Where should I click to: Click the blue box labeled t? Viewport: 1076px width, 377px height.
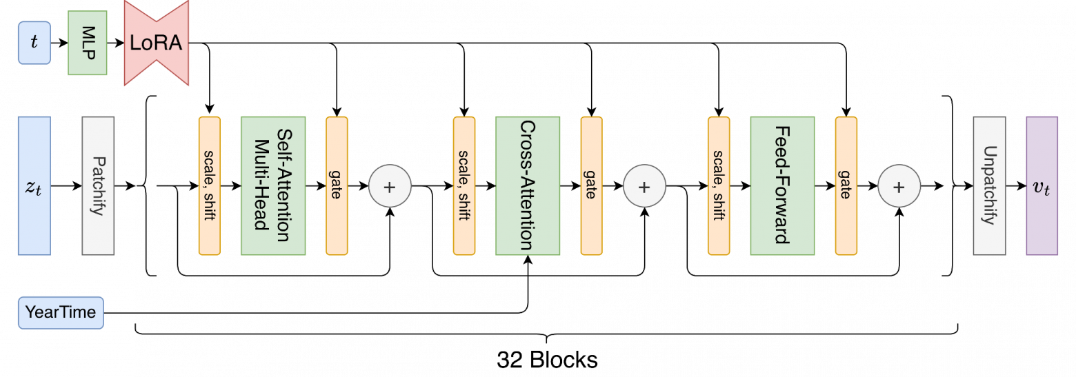(34, 43)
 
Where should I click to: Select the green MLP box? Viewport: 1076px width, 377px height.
(88, 43)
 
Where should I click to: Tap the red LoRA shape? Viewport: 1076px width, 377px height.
(156, 43)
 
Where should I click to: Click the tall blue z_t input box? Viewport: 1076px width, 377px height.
(34, 186)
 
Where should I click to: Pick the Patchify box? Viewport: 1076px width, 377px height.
(98, 186)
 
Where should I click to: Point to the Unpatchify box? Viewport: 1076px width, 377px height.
(989, 186)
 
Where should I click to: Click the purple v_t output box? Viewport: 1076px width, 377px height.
(1042, 186)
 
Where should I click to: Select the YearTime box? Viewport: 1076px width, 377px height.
(61, 313)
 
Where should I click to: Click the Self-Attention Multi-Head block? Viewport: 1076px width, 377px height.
(273, 186)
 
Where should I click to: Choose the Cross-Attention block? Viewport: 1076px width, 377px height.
(528, 186)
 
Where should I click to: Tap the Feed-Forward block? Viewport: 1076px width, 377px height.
(782, 186)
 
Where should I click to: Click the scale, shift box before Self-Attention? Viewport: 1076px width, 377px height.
(210, 186)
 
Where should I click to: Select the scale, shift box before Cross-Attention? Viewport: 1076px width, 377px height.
(464, 186)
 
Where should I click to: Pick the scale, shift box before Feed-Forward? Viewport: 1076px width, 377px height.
(719, 186)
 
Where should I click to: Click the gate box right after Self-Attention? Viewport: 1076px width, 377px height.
(337, 186)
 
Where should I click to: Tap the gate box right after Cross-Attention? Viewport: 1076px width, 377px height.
(591, 186)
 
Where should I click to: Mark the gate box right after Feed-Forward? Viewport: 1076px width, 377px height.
(846, 186)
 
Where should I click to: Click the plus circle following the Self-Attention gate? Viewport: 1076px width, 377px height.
(390, 186)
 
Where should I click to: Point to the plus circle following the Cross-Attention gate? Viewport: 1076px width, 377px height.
(644, 186)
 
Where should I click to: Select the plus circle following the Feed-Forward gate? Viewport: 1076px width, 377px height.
(899, 186)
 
